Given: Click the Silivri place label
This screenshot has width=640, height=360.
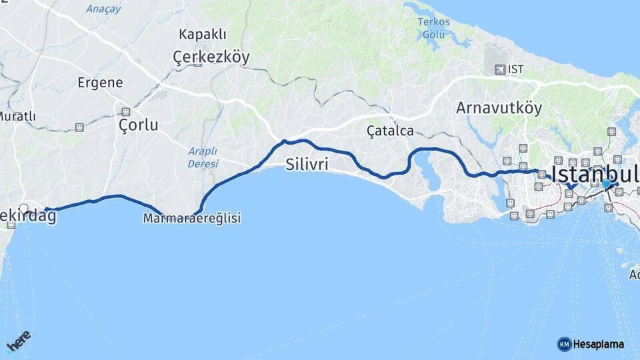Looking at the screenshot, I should point(307,165).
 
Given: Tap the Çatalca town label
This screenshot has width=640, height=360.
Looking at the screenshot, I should point(390,131).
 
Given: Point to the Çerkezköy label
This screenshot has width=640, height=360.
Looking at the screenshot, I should point(211,57).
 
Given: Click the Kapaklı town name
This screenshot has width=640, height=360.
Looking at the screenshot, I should point(203,35).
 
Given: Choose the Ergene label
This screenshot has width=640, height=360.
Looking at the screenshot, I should point(100,83).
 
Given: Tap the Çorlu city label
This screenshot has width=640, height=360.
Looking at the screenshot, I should point(138,125).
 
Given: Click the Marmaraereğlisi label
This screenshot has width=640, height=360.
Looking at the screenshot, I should point(191,218).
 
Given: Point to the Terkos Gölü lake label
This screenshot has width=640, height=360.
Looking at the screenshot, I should point(434,27).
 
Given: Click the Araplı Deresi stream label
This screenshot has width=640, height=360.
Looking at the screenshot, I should point(203,157).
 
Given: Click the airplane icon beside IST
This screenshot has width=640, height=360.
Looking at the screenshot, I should point(499,69).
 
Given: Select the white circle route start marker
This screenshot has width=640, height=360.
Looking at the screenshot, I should point(25,208).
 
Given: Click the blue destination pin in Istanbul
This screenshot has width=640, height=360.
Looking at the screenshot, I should point(606,184).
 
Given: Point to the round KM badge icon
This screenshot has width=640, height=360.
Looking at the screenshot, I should point(564,344).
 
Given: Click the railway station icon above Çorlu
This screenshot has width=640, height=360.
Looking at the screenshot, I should point(125,111).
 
